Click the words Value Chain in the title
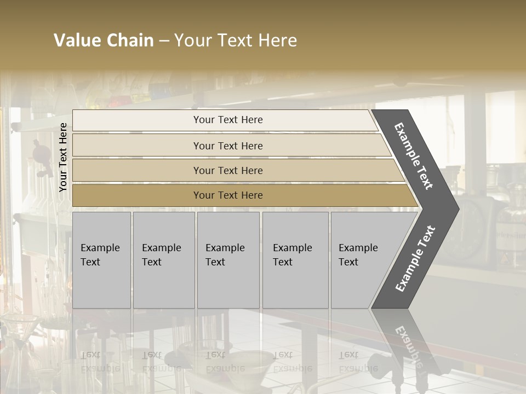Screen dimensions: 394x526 (x=104, y=40)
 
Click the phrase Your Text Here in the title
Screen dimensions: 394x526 (x=236, y=40)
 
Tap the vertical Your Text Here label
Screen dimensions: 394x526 (x=63, y=157)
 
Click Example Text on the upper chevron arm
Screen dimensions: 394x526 (x=414, y=156)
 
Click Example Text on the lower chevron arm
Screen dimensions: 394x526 (x=415, y=258)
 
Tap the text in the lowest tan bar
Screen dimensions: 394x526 (x=228, y=195)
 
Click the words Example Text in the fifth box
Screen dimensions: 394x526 (x=358, y=255)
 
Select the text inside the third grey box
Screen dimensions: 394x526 (x=225, y=255)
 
